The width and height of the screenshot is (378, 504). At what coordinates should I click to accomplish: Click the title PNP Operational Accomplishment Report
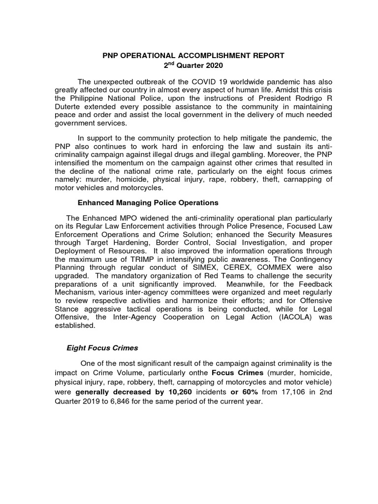coord(193,56)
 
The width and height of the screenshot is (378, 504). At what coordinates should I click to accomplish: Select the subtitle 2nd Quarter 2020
coord(193,65)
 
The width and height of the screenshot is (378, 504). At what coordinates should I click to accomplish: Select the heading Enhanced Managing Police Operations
coord(148,203)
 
